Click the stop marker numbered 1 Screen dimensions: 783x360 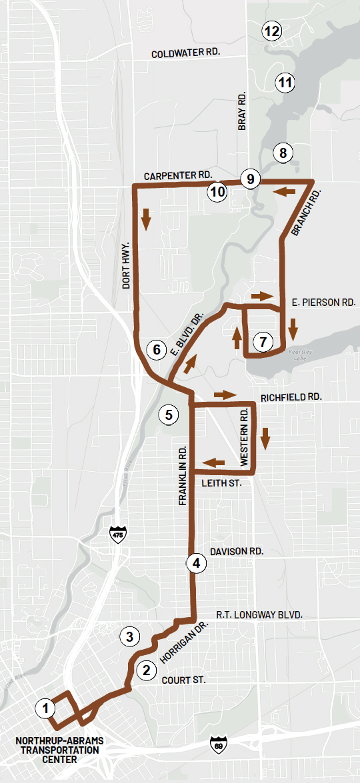(45, 708)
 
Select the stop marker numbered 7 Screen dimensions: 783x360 (263, 343)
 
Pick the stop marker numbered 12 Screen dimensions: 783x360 (272, 31)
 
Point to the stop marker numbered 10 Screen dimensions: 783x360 (217, 192)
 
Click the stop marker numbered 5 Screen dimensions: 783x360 (169, 414)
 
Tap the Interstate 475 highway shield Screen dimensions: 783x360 (118, 534)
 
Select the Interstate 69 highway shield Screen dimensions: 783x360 (216, 743)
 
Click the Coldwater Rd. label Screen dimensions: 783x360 (185, 53)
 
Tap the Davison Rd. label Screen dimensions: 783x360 (237, 552)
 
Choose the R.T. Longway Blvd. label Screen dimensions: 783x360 (259, 614)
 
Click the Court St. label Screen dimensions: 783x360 (183, 680)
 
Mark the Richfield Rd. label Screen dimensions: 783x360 (291, 396)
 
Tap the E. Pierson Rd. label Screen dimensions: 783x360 (324, 302)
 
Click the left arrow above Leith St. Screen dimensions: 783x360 (213, 462)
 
